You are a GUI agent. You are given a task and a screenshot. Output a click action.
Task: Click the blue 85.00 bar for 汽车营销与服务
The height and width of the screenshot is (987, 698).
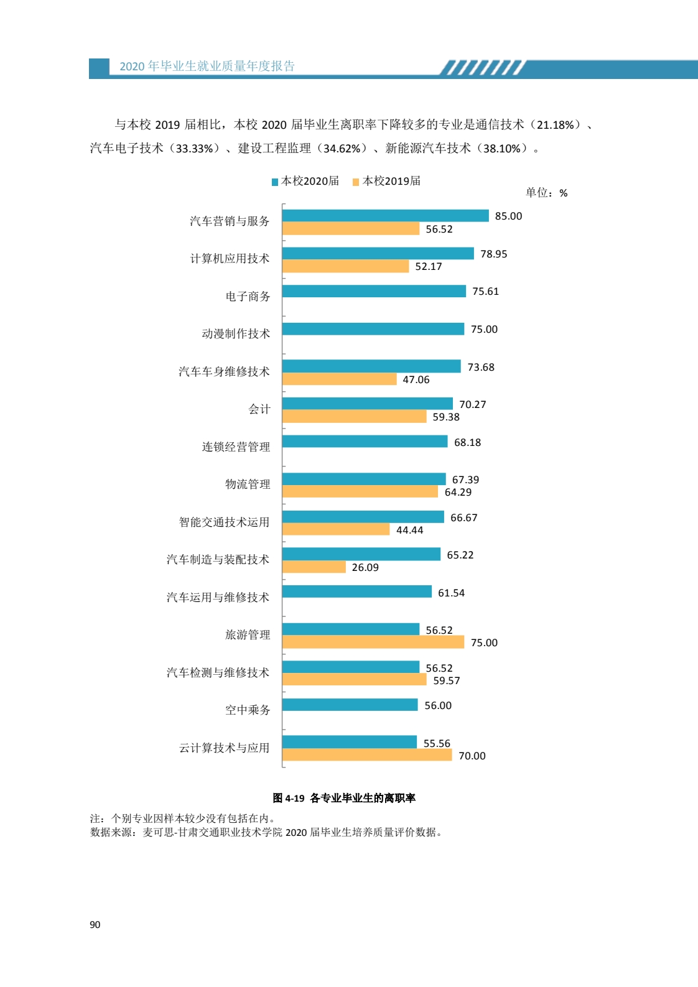[385, 216]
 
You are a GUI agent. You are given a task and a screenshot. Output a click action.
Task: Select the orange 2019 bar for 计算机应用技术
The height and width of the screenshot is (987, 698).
[345, 266]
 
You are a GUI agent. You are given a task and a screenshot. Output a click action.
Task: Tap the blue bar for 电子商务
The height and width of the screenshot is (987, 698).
[373, 291]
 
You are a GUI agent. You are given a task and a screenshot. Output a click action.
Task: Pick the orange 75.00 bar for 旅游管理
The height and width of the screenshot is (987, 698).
[373, 642]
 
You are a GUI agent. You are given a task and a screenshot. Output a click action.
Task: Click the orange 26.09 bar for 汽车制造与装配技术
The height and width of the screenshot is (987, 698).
[314, 567]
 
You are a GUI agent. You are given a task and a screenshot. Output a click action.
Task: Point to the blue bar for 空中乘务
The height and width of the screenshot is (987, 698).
[350, 705]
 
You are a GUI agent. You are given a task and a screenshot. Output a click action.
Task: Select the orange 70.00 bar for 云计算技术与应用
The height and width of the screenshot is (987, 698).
[367, 755]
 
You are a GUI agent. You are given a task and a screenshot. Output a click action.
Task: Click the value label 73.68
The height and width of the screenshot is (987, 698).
[481, 367]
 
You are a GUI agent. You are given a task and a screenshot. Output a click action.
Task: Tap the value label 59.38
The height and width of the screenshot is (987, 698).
[446, 417]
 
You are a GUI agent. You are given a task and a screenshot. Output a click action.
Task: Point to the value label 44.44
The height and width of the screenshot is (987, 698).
[409, 530]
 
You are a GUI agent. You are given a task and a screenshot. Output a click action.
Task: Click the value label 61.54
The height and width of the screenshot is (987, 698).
[451, 593]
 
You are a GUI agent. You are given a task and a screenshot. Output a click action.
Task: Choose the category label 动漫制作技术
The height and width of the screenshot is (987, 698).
[236, 334]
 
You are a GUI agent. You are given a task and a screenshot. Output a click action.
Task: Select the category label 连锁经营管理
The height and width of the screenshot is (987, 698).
[236, 447]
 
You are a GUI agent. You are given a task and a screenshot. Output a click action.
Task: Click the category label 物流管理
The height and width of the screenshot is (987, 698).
[248, 484]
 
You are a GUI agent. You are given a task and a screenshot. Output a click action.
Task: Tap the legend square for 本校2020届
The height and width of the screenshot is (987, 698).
[275, 182]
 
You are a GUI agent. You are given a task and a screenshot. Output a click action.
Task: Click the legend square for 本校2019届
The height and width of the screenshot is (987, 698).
[356, 182]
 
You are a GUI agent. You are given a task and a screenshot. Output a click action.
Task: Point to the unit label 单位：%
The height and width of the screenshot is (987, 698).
[546, 193]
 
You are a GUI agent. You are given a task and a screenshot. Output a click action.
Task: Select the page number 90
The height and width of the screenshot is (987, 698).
[95, 925]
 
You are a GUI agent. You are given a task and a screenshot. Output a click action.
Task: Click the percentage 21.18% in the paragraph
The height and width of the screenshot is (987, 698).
[556, 125]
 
